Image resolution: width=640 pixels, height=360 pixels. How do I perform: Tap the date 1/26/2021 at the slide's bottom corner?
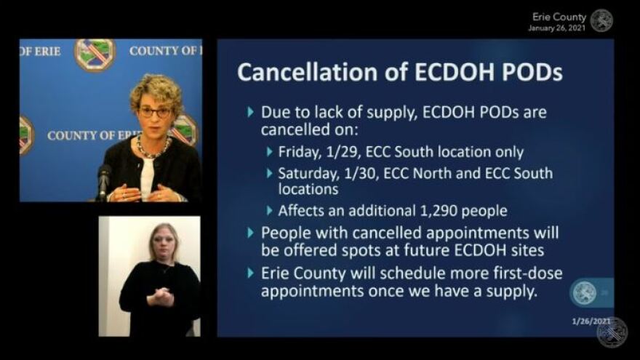click(x=591, y=321)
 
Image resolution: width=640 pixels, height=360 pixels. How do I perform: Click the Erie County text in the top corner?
click(x=559, y=17)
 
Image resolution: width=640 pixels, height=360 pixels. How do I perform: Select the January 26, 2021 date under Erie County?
click(x=557, y=28)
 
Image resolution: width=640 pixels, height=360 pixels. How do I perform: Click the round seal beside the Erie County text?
click(x=601, y=21)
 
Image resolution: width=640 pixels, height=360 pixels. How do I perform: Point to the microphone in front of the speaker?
click(x=103, y=182)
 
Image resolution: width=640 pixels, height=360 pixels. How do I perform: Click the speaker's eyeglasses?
click(x=156, y=112)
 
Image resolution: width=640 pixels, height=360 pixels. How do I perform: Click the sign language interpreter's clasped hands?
click(x=161, y=297)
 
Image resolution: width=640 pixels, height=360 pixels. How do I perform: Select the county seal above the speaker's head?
click(x=95, y=55)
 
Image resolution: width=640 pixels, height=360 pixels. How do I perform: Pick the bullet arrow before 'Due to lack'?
click(x=251, y=111)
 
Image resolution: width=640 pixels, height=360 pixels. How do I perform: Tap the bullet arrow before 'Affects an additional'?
click(x=269, y=211)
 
